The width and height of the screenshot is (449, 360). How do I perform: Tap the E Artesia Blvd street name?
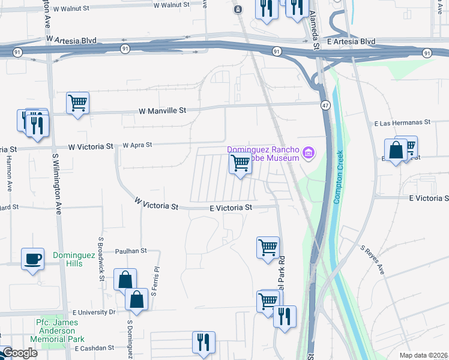351,41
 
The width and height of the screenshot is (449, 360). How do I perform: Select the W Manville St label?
163,111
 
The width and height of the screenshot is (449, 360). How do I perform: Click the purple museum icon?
309,153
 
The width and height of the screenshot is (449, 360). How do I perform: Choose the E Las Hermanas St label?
403,122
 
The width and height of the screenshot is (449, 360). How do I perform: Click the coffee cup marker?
32,259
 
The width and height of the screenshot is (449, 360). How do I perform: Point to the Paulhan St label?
131,251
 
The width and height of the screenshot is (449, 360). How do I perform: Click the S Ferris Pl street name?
154,282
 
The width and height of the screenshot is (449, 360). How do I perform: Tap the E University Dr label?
94,313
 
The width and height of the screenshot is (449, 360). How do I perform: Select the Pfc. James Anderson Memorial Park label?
59,331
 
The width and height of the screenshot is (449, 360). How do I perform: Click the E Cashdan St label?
93,348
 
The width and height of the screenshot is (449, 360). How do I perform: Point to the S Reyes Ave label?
372,260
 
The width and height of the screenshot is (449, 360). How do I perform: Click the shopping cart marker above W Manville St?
77,103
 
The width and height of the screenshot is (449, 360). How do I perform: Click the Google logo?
19,353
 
